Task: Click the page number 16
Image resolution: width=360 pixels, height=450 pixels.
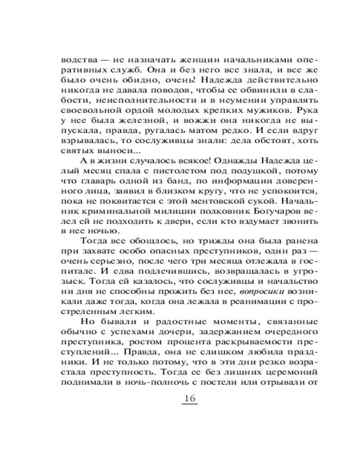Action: coord(189,400)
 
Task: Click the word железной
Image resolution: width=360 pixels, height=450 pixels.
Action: coord(128,134)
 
